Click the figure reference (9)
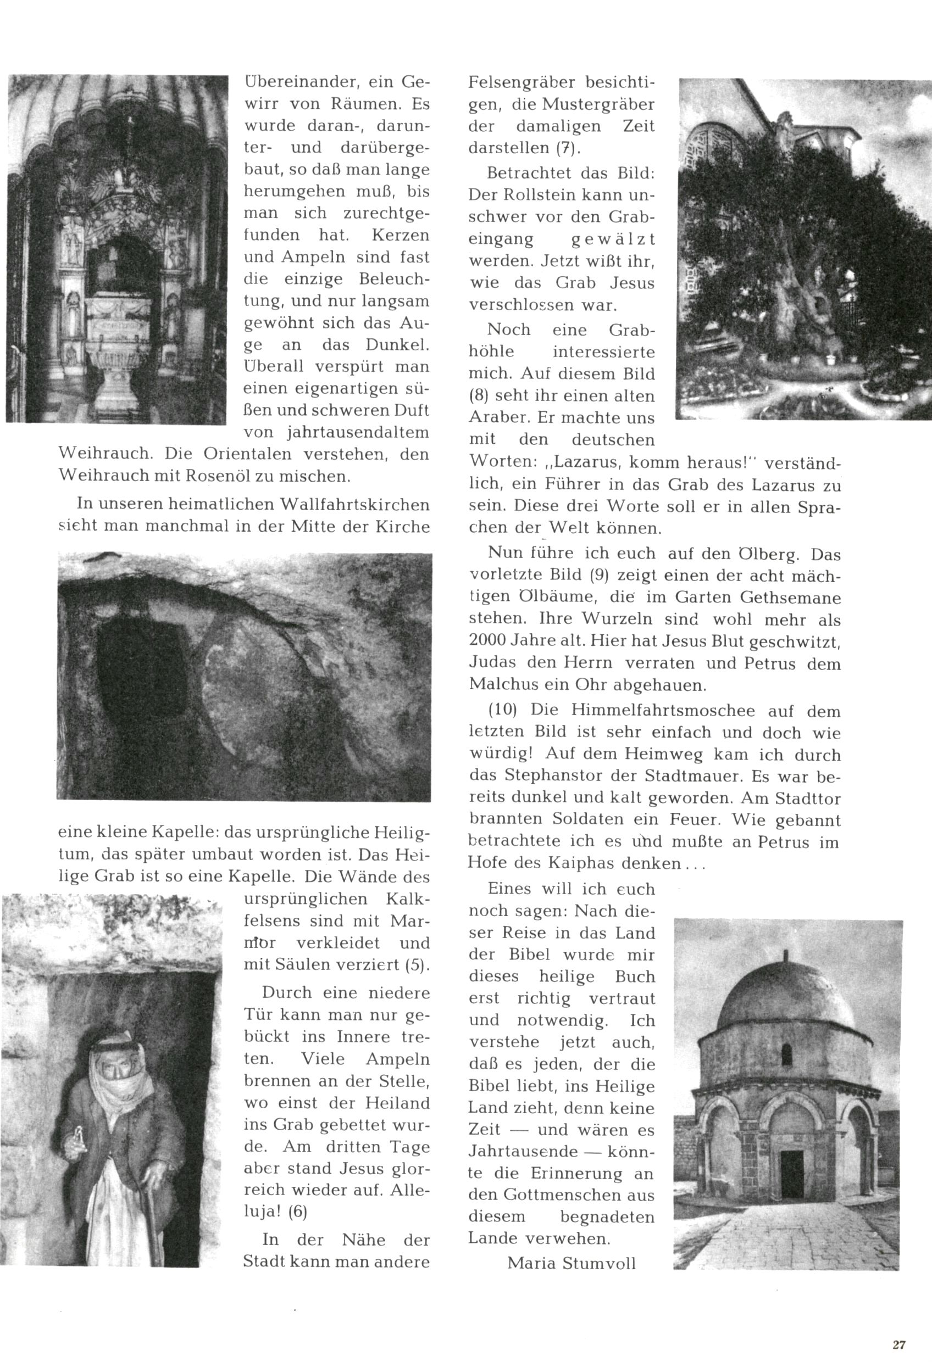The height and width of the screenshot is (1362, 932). [x=600, y=576]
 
